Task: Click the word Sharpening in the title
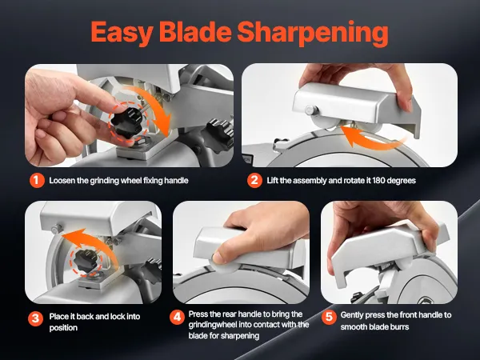coord(313,33)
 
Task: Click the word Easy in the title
coord(122,33)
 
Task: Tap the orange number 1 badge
coord(37,180)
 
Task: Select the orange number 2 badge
coord(254,180)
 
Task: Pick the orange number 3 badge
coord(35,318)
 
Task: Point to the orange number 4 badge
coord(177,317)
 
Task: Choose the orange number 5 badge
coord(329,317)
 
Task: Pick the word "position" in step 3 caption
coord(63,328)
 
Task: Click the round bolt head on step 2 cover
coord(310,110)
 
